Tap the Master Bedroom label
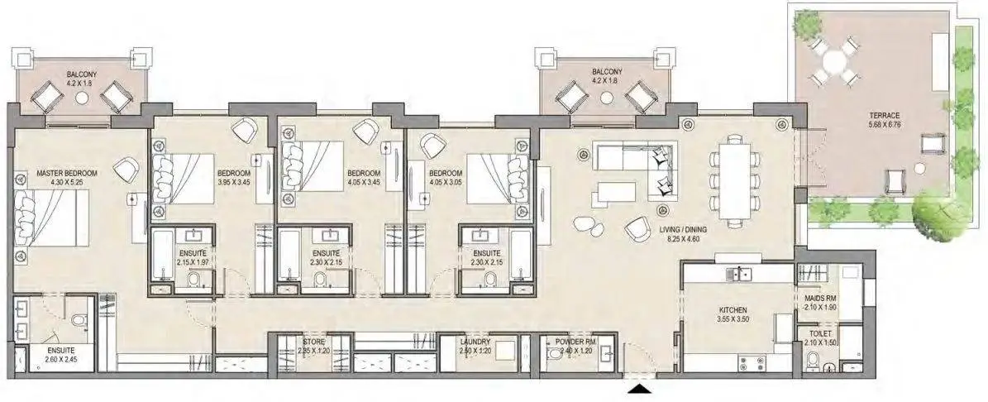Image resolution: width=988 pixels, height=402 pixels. pyautogui.click(x=67, y=173)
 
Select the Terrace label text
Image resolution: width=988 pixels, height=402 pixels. pyautogui.click(x=885, y=116)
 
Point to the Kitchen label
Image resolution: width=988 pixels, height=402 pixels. pyautogui.click(x=733, y=311)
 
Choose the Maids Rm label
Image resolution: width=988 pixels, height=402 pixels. pyautogui.click(x=820, y=298)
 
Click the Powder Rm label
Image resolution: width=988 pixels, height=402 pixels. pyautogui.click(x=570, y=342)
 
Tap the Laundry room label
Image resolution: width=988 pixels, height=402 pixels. pyautogui.click(x=475, y=342)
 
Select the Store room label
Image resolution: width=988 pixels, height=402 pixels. pyautogui.click(x=314, y=342)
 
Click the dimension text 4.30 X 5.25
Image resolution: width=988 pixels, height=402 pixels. pyautogui.click(x=67, y=181)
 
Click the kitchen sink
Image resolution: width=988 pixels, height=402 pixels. pyautogui.click(x=738, y=274)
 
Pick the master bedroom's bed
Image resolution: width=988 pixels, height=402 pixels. pyautogui.click(x=46, y=219)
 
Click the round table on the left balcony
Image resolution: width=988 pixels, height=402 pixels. pyautogui.click(x=83, y=98)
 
